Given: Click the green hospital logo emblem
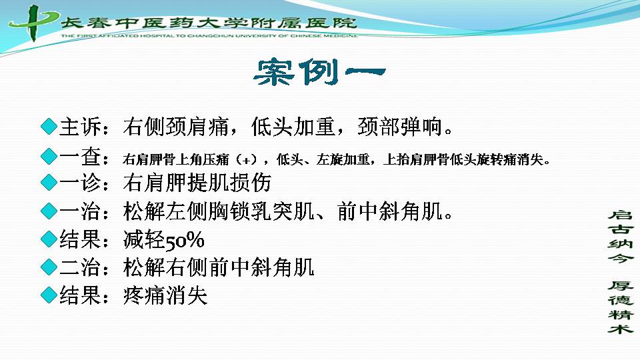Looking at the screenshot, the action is (x=33, y=23).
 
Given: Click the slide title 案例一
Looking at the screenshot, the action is (x=319, y=72).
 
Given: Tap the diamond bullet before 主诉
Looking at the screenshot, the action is (x=49, y=127).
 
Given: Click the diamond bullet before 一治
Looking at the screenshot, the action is (x=49, y=211).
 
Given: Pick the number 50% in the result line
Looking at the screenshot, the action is (x=184, y=240).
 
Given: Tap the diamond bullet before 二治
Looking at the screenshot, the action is (x=49, y=267).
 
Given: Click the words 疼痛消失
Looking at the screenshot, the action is (x=165, y=295).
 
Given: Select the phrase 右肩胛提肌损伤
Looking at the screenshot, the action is (x=197, y=183).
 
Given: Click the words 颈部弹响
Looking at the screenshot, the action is (x=400, y=127).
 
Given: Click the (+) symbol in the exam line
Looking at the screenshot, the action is (x=246, y=159).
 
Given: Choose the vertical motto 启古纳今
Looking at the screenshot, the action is (x=621, y=236).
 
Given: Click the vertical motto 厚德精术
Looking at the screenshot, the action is (x=621, y=307).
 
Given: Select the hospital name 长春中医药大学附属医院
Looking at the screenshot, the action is (x=209, y=23).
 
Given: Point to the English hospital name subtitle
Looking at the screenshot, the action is (x=209, y=36).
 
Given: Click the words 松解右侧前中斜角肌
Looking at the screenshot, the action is (x=219, y=267).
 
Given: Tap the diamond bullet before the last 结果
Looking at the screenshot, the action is (x=49, y=295).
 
